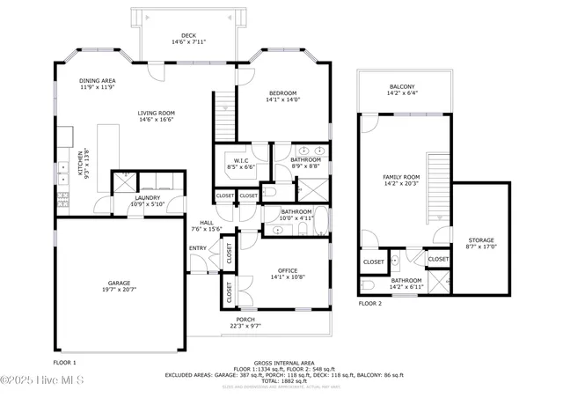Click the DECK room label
tap(188, 35)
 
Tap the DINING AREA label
tap(97, 80)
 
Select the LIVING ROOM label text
tap(157, 113)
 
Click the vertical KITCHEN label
tap(79, 164)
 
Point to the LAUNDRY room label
tap(147, 198)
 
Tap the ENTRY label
tap(198, 247)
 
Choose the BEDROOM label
tap(282, 93)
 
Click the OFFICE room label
tap(287, 270)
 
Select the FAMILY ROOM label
tap(400, 177)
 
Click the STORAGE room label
tap(480, 240)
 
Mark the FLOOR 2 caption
tap(370, 303)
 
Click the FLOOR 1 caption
tap(65, 362)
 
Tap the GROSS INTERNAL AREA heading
tap(283, 362)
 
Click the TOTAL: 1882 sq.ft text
tap(283, 380)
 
